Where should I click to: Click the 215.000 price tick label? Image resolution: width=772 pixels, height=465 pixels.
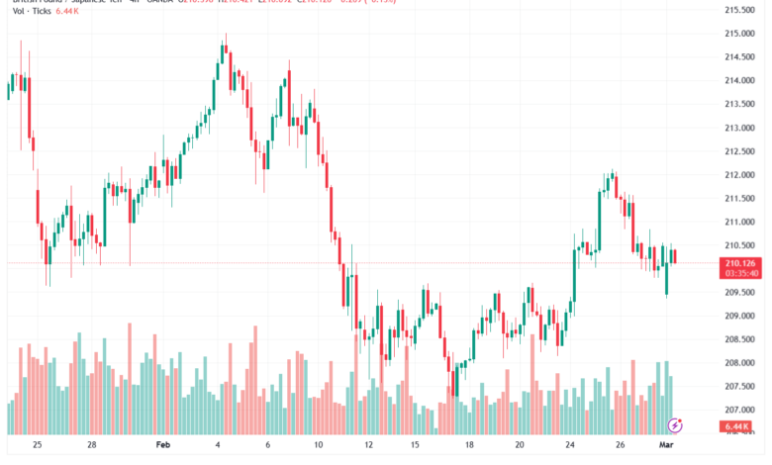741,34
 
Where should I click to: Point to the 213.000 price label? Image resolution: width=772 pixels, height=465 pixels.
741,128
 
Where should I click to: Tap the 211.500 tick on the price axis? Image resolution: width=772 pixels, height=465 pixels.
741,198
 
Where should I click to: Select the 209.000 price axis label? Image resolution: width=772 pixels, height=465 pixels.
741,316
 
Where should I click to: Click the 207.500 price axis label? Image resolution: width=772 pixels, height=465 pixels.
741,386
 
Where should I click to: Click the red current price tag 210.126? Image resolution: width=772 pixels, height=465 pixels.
741,263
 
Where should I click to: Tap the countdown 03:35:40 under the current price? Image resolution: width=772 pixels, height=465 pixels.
741,273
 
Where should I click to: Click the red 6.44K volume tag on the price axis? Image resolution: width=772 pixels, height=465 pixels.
741,427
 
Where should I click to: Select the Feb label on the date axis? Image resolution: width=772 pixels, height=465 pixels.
163,446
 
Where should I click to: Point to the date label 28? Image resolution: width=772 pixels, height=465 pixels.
91,446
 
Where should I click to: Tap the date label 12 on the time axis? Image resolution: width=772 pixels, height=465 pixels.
368,446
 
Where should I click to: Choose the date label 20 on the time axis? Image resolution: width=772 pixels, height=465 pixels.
521,446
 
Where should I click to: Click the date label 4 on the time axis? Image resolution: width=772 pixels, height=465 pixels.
219,446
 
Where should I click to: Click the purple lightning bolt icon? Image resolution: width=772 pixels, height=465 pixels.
676,425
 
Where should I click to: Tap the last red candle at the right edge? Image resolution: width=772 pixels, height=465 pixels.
674,256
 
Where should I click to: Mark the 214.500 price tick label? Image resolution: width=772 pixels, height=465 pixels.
741,57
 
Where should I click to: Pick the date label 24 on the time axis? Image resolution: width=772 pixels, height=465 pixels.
571,446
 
